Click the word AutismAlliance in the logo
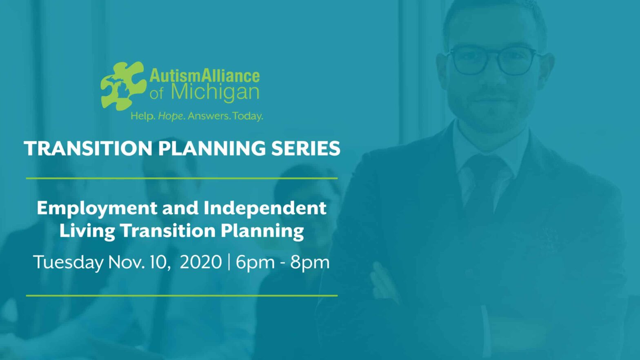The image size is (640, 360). click(x=204, y=76)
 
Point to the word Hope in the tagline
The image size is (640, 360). click(x=171, y=116)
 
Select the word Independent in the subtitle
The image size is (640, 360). click(x=265, y=208)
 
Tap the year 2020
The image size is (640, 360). click(x=201, y=262)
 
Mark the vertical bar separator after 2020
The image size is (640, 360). click(x=229, y=262)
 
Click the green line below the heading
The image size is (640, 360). click(x=182, y=178)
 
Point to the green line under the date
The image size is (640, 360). click(x=182, y=295)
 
